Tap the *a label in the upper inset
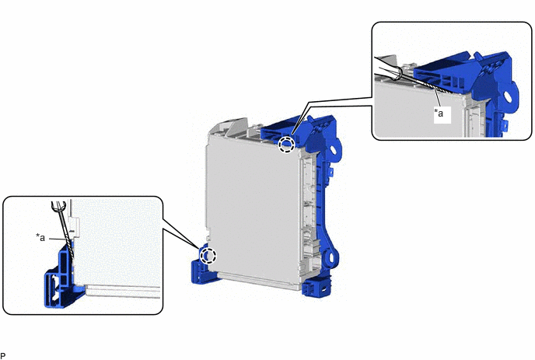coord(439,112)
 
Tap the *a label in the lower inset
coord(40,237)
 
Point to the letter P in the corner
coord(3,356)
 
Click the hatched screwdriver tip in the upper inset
coord(438,87)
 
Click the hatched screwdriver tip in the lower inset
coord(70,248)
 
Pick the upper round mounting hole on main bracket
coord(333,149)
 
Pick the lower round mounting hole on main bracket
coord(330,257)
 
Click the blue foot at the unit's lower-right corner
coord(316,285)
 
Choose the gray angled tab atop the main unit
coord(237,127)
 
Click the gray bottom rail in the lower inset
coord(123,291)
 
